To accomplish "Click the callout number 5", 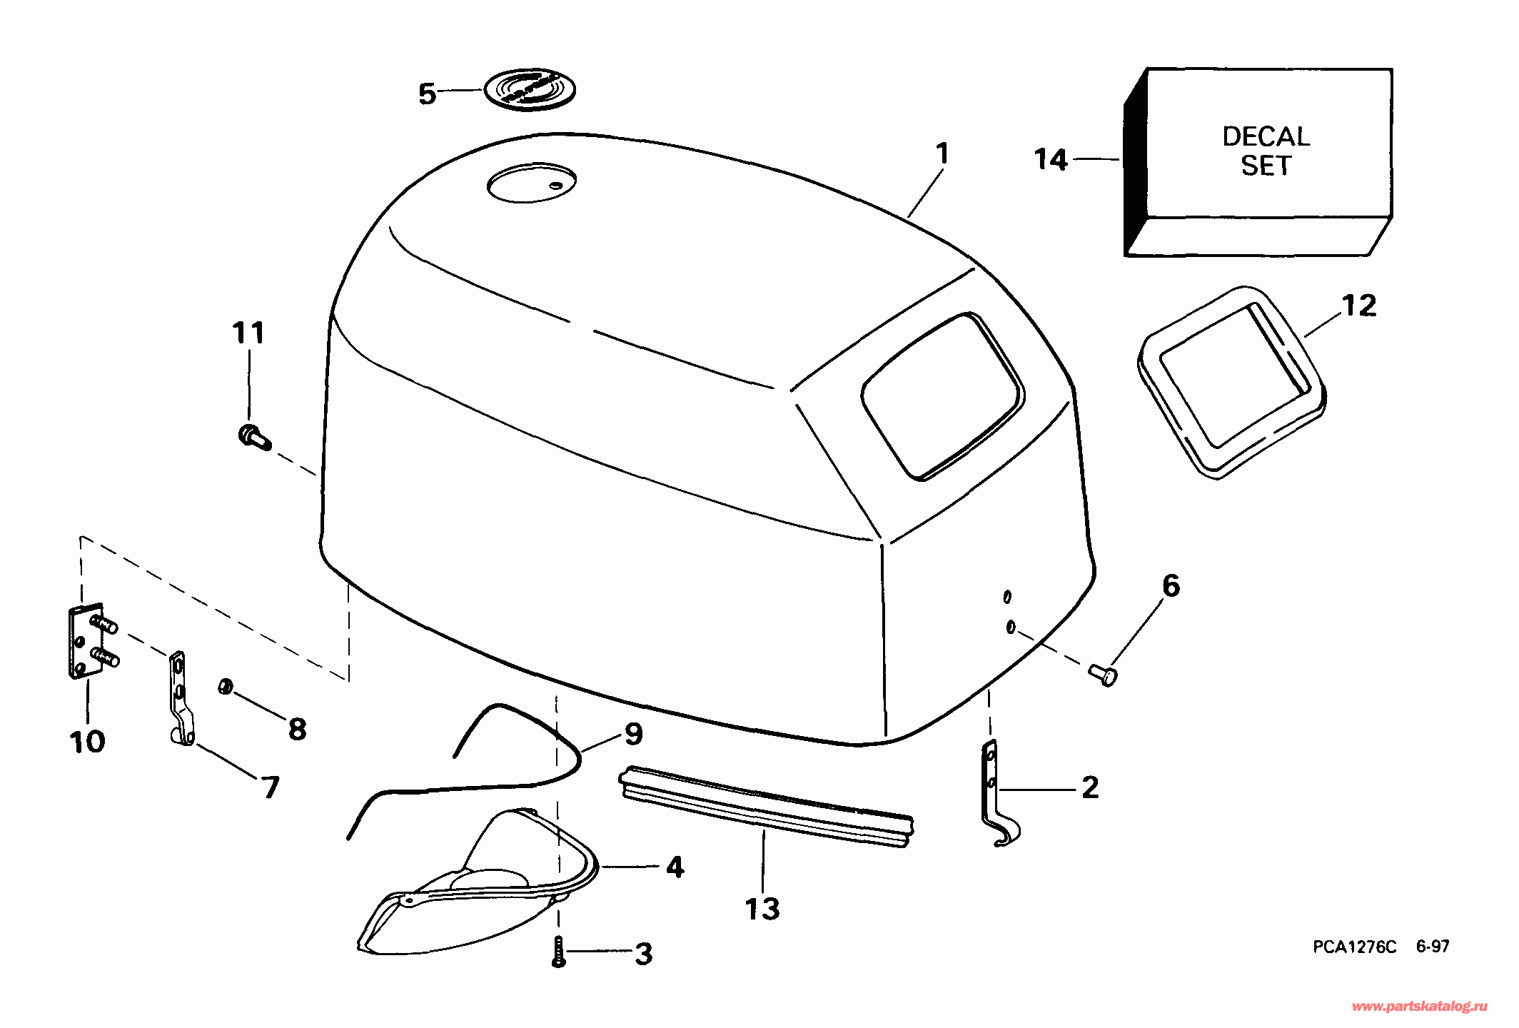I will (x=427, y=94).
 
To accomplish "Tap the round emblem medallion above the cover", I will (x=530, y=90).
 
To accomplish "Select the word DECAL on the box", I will (x=1266, y=136).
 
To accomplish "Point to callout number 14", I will (x=1051, y=159).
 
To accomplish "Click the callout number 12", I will (x=1358, y=306).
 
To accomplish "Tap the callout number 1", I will (x=942, y=153).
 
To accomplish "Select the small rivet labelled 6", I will (x=1104, y=674).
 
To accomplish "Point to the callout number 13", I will (x=762, y=909).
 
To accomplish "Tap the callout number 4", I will (x=675, y=867).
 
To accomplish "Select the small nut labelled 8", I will (x=225, y=687).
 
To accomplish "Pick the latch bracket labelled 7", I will (x=180, y=700).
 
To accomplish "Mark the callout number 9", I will (x=633, y=734).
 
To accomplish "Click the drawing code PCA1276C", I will (x=1354, y=947).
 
